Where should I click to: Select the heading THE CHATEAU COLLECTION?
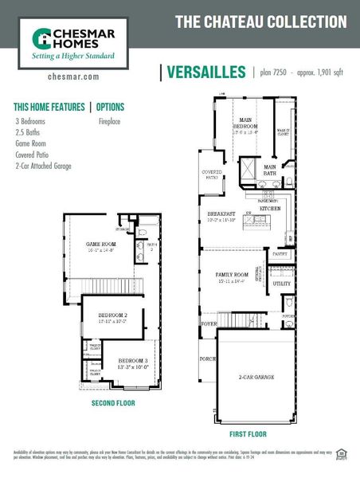coord(260,22)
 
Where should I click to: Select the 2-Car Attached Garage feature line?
coord(43,166)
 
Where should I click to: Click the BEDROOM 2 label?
coord(113,316)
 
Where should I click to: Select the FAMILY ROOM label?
coord(233,275)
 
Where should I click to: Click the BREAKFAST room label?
coord(221,214)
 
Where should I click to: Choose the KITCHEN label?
coord(271,208)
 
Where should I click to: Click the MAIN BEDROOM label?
coord(245,123)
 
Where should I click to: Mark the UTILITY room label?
coord(282,283)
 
